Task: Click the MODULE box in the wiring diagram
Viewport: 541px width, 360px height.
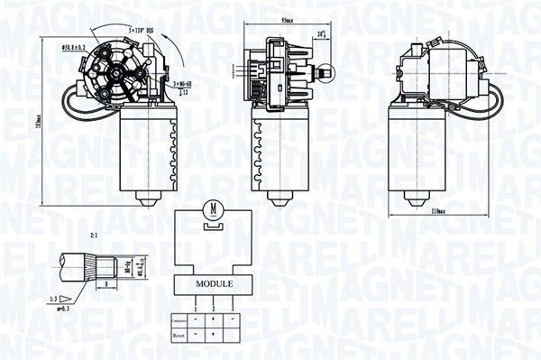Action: click(214, 283)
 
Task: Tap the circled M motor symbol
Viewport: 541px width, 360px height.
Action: click(214, 209)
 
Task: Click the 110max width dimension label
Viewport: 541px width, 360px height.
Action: click(440, 211)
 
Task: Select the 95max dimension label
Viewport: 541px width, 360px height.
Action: click(289, 18)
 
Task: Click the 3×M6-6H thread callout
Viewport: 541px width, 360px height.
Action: click(185, 82)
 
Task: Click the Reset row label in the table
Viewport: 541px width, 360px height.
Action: click(179, 335)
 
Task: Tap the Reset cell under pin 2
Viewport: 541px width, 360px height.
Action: click(213, 335)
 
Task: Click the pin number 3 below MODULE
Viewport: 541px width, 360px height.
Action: click(234, 309)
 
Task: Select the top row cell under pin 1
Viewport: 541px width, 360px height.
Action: click(195, 319)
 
